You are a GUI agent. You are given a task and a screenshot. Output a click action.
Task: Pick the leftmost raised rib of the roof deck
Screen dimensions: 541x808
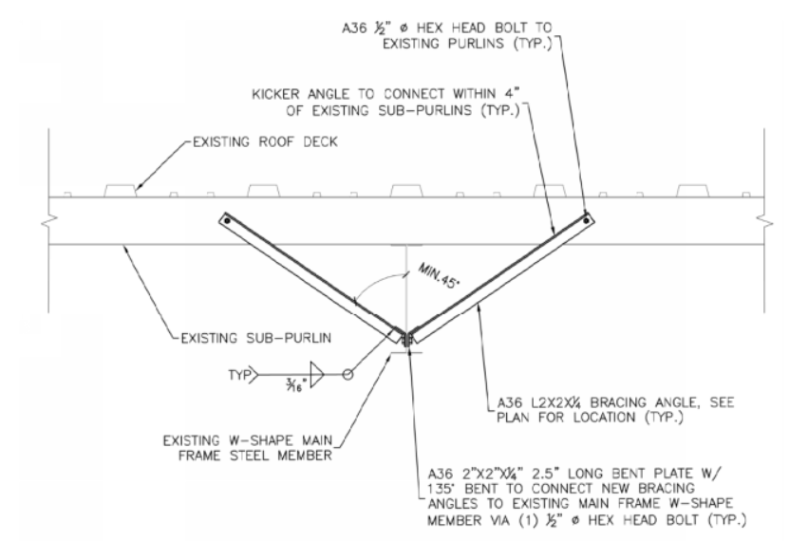pos(124,191)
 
